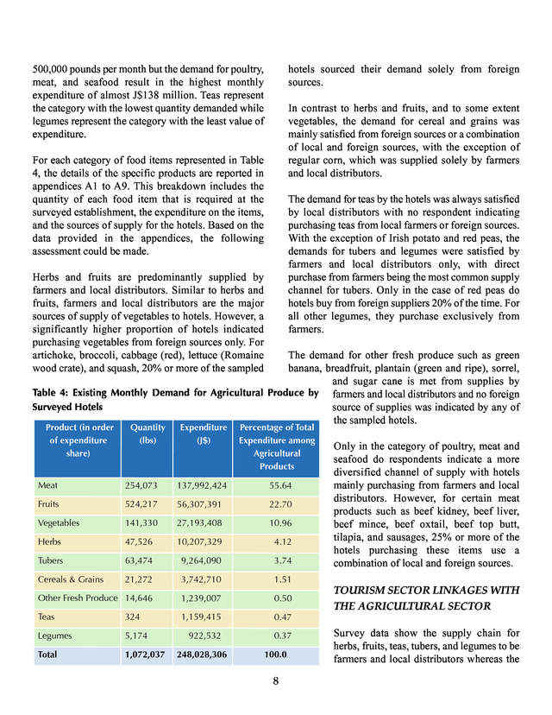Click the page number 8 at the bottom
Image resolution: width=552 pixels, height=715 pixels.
276,680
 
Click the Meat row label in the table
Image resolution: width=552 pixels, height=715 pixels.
48,485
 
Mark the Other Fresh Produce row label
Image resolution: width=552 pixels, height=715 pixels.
78,598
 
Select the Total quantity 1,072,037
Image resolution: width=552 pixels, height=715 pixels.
144,655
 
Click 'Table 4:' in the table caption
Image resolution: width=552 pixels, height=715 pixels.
53,394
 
